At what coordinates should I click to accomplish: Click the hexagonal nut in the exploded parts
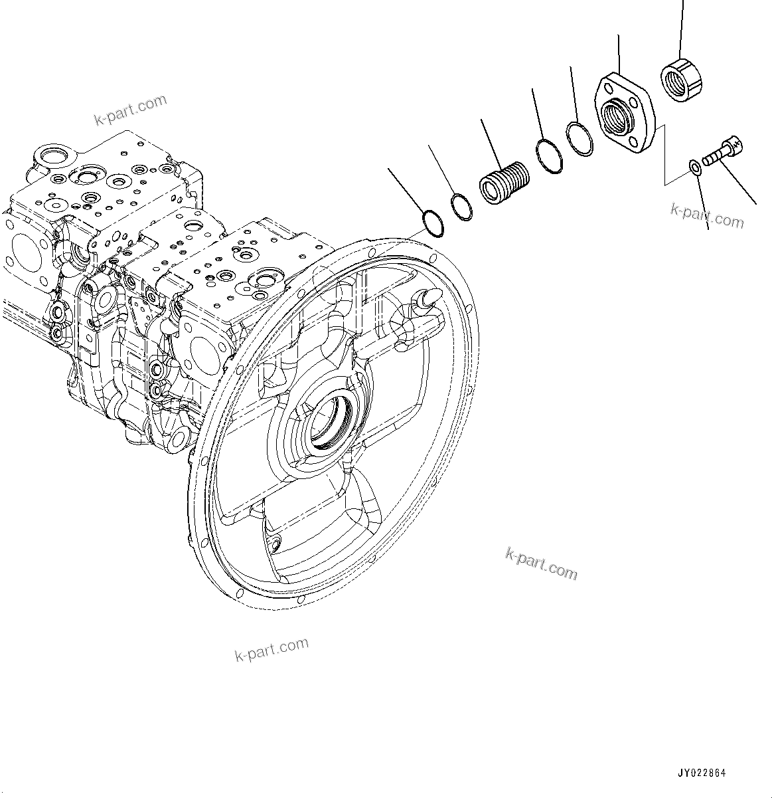tap(682, 81)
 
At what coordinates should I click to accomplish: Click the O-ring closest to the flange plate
tap(579, 140)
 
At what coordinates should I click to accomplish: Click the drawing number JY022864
tap(701, 773)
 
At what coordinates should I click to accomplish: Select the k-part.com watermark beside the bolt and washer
tap(707, 215)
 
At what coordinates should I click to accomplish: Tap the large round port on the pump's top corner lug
tap(50, 157)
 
